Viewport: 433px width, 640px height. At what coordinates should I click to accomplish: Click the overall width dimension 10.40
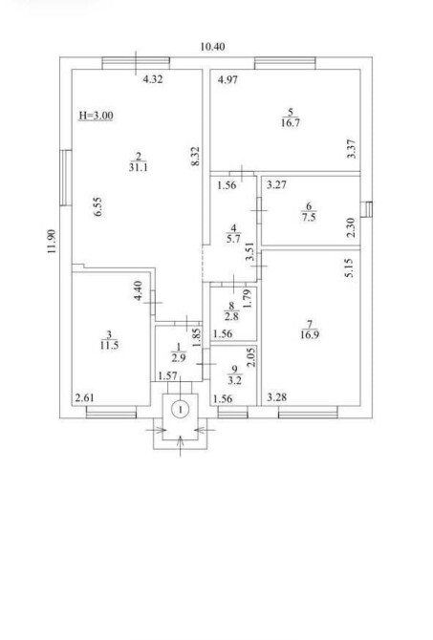[x=212, y=47]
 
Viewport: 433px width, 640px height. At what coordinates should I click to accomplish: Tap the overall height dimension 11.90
[x=52, y=242]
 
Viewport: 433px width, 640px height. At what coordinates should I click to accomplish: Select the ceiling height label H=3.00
[x=96, y=116]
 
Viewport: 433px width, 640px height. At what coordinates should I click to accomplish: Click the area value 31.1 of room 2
[x=138, y=167]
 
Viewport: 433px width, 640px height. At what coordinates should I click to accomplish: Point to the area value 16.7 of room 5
[x=291, y=123]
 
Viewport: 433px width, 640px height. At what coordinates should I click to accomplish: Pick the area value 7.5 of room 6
[x=309, y=217]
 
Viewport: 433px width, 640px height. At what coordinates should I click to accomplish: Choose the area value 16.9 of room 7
[x=310, y=335]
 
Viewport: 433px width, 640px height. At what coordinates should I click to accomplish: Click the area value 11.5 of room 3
[x=109, y=345]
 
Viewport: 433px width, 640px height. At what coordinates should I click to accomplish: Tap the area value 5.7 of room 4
[x=233, y=239]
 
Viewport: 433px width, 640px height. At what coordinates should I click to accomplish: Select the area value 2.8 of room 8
[x=231, y=316]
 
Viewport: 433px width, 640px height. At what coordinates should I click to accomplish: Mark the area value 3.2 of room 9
[x=234, y=381]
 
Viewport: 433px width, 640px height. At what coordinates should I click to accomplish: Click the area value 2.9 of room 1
[x=179, y=358]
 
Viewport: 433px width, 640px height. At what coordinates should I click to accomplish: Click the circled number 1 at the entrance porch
[x=180, y=409]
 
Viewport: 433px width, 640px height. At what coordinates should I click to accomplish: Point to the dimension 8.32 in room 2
[x=195, y=157]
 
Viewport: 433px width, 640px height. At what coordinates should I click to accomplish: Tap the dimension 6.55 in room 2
[x=97, y=207]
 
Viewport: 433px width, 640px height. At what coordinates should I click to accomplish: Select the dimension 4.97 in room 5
[x=227, y=80]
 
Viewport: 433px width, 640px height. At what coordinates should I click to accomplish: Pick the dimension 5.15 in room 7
[x=349, y=268]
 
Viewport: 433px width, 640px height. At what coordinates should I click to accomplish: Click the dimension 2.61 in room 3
[x=84, y=397]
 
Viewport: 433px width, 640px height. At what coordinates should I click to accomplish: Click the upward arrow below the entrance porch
[x=180, y=446]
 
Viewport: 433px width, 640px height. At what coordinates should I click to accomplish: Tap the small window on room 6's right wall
[x=367, y=209]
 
